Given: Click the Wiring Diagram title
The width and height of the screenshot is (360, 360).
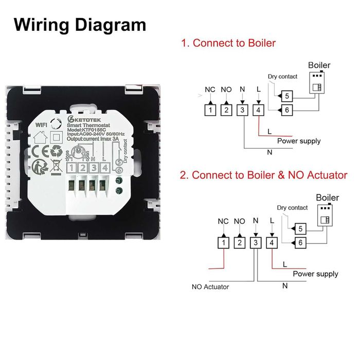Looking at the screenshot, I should pos(80,25).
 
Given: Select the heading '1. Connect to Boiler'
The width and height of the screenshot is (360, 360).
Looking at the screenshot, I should pos(228,43).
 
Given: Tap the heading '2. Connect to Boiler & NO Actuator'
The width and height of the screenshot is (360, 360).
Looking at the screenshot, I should pos(263,175).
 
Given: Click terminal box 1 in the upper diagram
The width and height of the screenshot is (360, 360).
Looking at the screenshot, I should pos(210,109).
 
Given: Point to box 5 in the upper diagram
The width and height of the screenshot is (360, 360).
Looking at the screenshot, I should pos(289,96).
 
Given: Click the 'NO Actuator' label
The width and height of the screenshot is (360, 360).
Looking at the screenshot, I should pos(210,286).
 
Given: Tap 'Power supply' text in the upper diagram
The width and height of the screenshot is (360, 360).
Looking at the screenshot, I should pos(299,140).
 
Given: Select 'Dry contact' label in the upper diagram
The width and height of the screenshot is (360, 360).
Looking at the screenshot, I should pos(282,77).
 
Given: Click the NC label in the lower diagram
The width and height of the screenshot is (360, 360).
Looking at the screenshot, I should pos(223,222).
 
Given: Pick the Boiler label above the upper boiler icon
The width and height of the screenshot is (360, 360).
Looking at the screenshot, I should pos(319,65).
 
